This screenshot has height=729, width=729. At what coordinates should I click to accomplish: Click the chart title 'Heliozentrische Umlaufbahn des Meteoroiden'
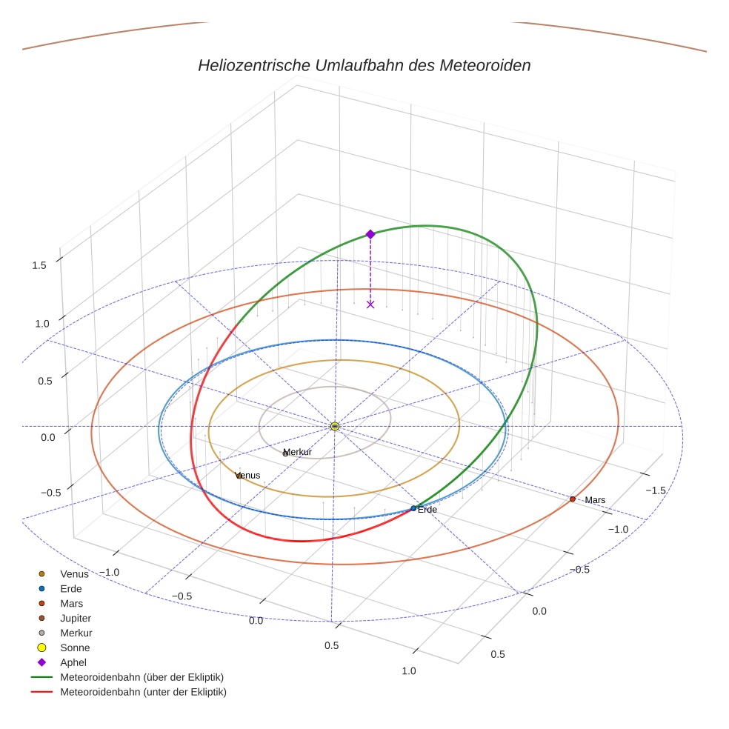[364, 65]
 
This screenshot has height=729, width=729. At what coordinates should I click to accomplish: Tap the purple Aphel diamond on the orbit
[370, 234]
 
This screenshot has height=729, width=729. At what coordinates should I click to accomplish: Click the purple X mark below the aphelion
[370, 304]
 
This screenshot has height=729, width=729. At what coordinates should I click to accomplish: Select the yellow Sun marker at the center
[335, 426]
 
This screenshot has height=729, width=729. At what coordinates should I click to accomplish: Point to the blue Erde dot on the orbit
[413, 508]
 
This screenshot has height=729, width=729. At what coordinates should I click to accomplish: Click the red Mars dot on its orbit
[573, 499]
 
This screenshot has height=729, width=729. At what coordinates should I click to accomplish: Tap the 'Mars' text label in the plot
[595, 500]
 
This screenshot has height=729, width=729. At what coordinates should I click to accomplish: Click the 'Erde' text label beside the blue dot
[427, 510]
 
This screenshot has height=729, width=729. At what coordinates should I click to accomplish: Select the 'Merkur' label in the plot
[298, 452]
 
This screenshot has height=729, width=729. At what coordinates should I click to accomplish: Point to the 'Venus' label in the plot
[248, 476]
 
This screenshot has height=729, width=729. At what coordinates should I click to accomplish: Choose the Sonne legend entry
[75, 648]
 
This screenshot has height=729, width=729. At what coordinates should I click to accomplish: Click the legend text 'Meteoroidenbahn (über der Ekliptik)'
[142, 677]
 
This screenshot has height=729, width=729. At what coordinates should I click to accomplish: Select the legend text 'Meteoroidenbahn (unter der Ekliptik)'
[143, 692]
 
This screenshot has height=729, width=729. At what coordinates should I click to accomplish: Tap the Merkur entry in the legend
[76, 633]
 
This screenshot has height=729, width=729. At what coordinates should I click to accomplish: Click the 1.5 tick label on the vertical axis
[39, 265]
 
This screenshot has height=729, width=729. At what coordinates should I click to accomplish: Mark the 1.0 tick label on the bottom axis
[408, 670]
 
